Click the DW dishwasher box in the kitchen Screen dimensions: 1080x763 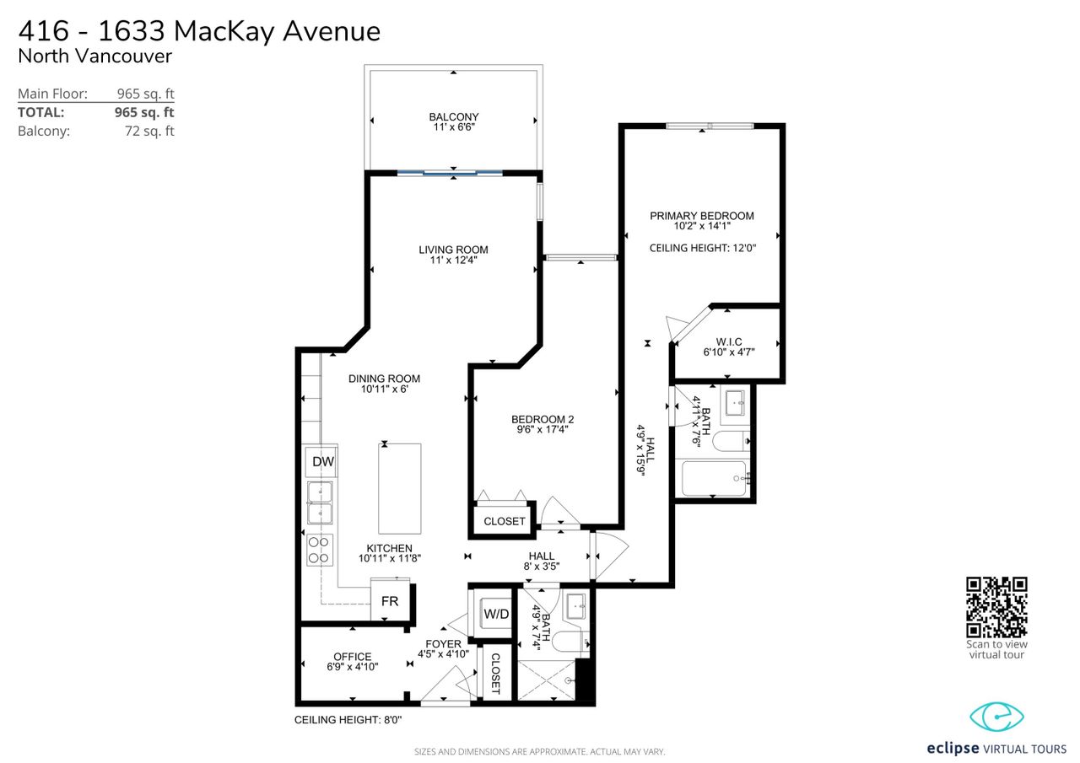click(321, 462)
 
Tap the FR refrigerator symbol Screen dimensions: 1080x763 click(390, 600)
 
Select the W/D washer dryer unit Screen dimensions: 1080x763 click(495, 614)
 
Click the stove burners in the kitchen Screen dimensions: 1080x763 click(319, 550)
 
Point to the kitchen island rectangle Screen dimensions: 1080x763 click(399, 488)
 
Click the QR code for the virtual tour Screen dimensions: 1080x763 click(996, 607)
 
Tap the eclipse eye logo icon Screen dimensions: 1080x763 click(996, 717)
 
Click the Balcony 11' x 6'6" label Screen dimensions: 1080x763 click(454, 122)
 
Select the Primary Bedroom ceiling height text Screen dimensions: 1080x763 click(703, 248)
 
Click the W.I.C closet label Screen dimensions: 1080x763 click(728, 342)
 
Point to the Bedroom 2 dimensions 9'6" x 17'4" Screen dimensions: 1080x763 click(543, 429)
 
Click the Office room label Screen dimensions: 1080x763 click(353, 657)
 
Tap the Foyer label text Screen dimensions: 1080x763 click(443, 644)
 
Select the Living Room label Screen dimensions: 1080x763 click(453, 250)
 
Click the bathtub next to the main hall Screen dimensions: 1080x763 click(714, 478)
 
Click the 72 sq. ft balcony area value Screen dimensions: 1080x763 click(149, 131)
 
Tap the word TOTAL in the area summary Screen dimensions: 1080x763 click(41, 112)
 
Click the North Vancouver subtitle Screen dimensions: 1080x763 click(94, 56)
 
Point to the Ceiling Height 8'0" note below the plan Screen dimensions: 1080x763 click(348, 720)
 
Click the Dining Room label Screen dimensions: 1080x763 click(384, 379)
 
